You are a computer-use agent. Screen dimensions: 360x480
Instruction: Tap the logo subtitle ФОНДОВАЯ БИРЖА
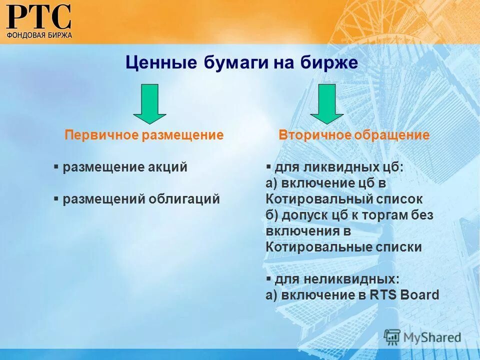[x=39, y=35]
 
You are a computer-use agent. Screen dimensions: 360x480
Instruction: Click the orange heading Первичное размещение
[x=144, y=135]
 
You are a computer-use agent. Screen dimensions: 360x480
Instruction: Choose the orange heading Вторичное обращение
[x=354, y=135]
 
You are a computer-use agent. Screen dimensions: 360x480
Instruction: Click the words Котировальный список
[x=344, y=199]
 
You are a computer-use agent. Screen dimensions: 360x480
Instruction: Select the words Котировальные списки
[x=343, y=247]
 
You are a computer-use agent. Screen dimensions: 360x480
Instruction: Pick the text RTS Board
[x=404, y=295]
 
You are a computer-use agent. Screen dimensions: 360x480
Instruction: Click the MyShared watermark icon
[x=392, y=337]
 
